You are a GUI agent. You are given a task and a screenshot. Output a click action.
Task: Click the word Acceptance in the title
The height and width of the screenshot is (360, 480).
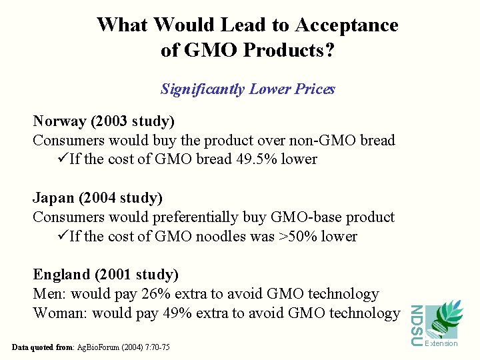[x=346, y=25]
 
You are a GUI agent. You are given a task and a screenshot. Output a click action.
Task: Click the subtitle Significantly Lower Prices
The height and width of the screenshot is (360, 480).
[x=247, y=89]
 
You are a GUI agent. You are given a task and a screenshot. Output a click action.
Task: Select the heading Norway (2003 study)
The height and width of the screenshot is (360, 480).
[x=103, y=121]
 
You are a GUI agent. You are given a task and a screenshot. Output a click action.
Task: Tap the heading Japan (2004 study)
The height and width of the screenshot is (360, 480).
[x=97, y=198]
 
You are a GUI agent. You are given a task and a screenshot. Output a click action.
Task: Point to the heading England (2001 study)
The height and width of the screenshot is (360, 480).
[x=105, y=275]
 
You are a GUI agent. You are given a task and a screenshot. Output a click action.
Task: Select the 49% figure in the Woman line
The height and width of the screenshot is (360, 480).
[x=189, y=313]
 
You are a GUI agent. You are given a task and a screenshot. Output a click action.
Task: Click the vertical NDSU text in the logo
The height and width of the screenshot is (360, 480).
[x=415, y=325]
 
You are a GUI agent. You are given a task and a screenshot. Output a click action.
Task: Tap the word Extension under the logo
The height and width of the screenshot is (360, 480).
[x=441, y=343]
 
